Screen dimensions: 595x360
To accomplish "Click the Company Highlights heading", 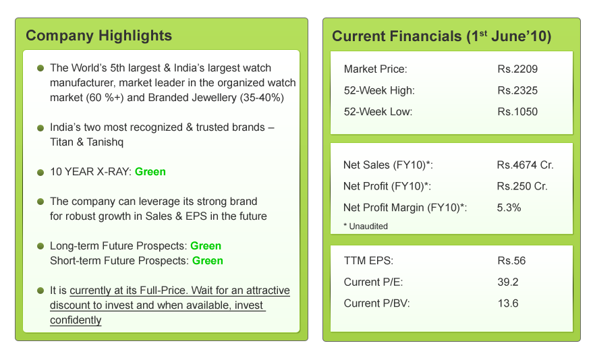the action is (x=98, y=36).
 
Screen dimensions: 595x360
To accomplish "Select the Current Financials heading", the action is (x=441, y=36).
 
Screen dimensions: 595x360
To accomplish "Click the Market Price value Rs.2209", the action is (x=517, y=69).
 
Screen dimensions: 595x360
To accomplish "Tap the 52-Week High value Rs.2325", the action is (x=517, y=90).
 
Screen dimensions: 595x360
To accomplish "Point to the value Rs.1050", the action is (x=517, y=111).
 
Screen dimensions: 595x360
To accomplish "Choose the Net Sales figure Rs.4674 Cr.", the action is (x=525, y=165).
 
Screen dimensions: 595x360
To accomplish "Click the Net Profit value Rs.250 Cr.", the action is (x=522, y=186).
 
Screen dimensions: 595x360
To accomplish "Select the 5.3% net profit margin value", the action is (x=509, y=208).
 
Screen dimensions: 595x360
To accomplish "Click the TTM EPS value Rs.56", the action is (x=511, y=261).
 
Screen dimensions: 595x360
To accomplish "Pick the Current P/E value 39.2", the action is (x=508, y=282).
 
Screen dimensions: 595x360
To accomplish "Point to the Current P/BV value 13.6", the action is (x=508, y=303).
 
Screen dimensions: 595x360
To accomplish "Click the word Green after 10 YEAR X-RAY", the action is (x=150, y=172).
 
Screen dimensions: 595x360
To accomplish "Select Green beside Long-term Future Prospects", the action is (x=206, y=246).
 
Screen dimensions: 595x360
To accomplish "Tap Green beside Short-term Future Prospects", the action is (x=208, y=261).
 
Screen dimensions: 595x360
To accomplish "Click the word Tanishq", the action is (x=105, y=142).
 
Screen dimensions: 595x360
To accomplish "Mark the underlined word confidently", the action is (x=76, y=320).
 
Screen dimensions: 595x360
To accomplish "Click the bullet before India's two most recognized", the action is (x=40, y=128).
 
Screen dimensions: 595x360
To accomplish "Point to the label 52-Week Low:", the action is (x=378, y=111).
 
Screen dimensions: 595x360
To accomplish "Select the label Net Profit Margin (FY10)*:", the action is (x=405, y=208).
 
